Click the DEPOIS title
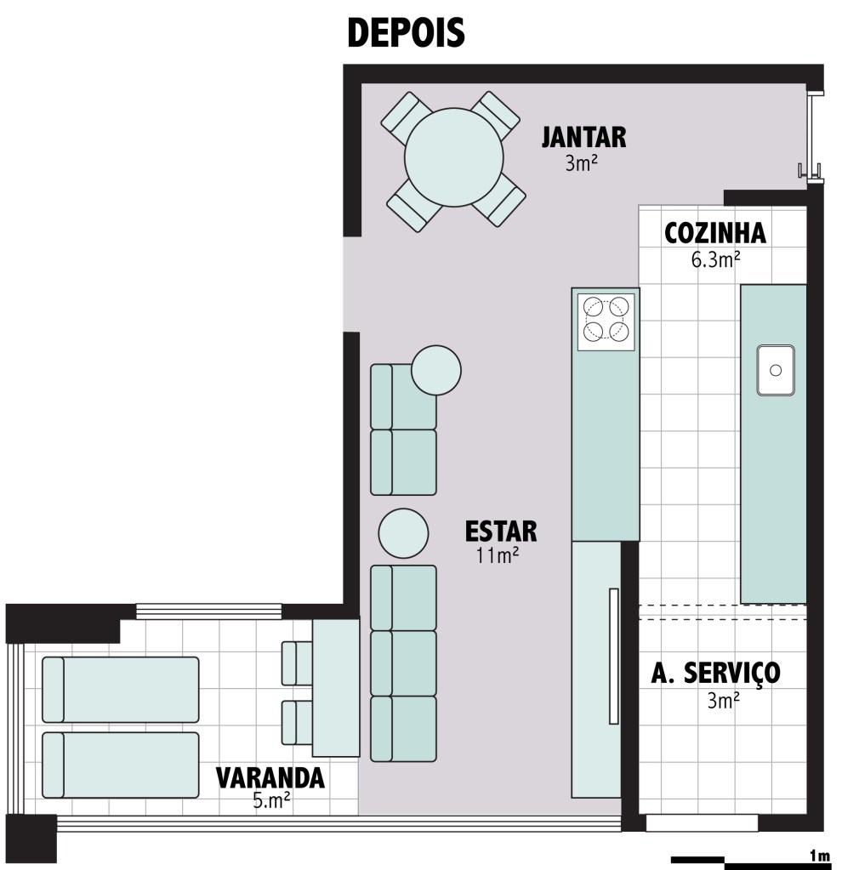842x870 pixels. pyautogui.click(x=406, y=32)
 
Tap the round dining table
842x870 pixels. pyautogui.click(x=454, y=157)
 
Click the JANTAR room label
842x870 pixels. pyautogui.click(x=584, y=138)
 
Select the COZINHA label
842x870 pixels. pyautogui.click(x=715, y=233)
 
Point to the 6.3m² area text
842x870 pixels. pyautogui.click(x=715, y=259)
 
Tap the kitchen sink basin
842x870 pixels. pyautogui.click(x=776, y=370)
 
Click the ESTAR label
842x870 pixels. pyautogui.click(x=501, y=531)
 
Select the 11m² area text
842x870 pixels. pyautogui.click(x=498, y=555)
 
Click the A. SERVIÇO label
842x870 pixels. pyautogui.click(x=715, y=673)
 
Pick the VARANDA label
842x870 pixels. pyautogui.click(x=270, y=778)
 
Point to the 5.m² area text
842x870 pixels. pyautogui.click(x=271, y=800)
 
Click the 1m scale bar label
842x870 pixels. pyautogui.click(x=819, y=856)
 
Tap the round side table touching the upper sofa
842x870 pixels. pyautogui.click(x=436, y=370)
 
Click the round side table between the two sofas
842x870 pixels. pyautogui.click(x=403, y=533)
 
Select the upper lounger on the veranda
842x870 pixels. pyautogui.click(x=121, y=690)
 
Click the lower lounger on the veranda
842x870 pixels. pyautogui.click(x=121, y=765)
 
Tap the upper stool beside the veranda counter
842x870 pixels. pyautogui.click(x=297, y=663)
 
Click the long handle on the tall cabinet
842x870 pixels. pyautogui.click(x=614, y=656)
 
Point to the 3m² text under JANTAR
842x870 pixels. pyautogui.click(x=581, y=163)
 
